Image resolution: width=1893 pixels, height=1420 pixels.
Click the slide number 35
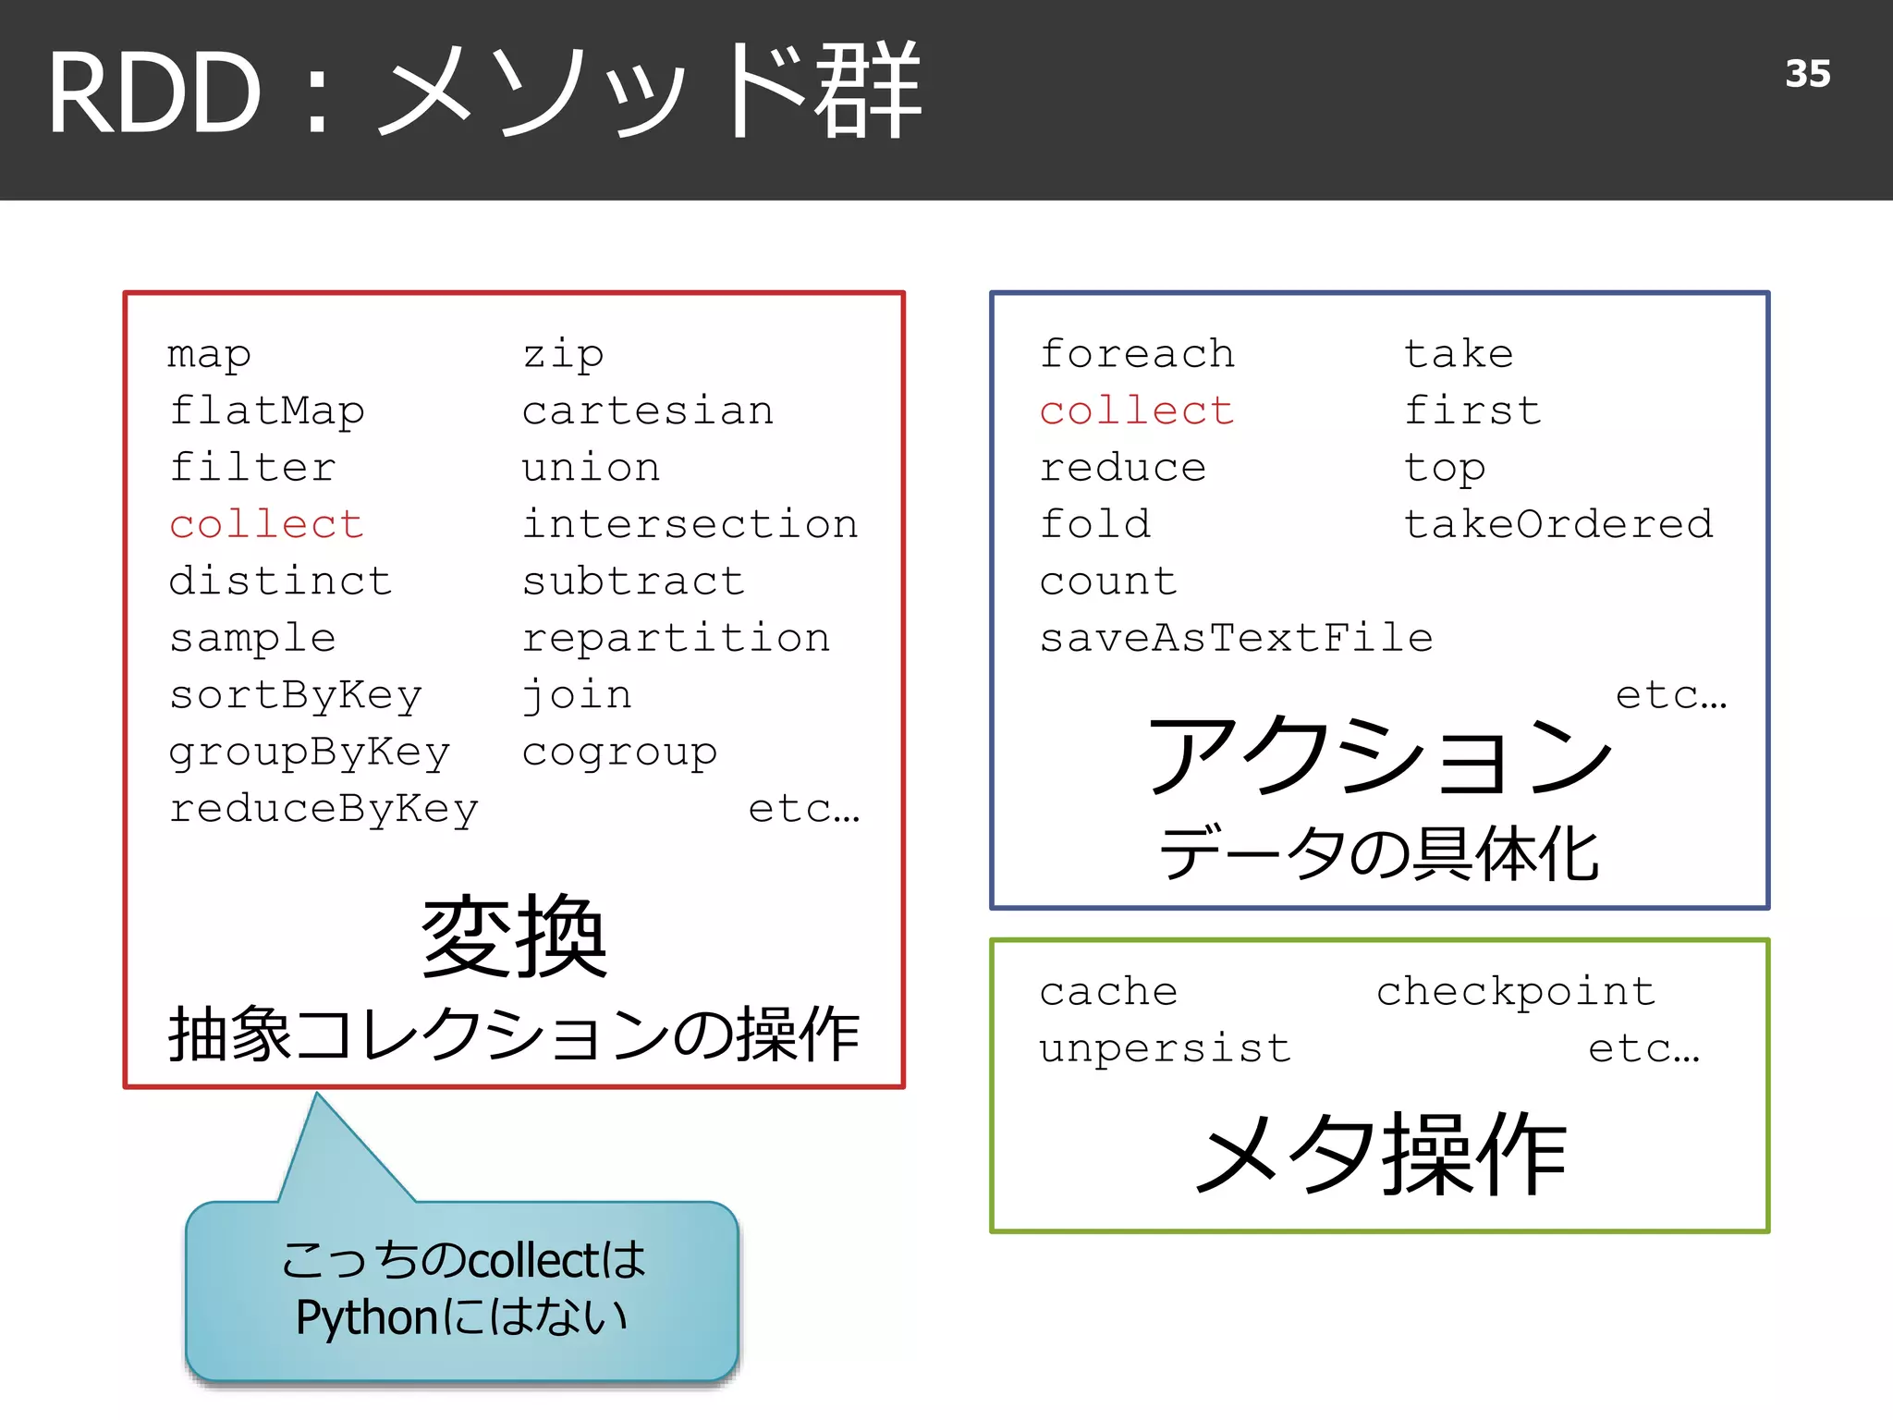pyautogui.click(x=1807, y=74)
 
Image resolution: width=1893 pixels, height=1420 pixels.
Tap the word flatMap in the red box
pyautogui.click(x=267, y=410)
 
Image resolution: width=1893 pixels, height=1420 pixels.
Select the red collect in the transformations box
pyautogui.click(x=266, y=524)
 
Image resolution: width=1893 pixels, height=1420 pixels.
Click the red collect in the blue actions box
pyautogui.click(x=1137, y=410)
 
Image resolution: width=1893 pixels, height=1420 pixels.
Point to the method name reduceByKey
pyautogui.click(x=324, y=809)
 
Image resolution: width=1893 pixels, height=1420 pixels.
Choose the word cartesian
pyautogui.click(x=647, y=410)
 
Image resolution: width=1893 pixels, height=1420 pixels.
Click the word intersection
pyautogui.click(x=690, y=524)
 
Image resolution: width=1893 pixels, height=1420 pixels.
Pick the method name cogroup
pyautogui.click(x=619, y=753)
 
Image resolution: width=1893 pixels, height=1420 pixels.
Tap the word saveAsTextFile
pyautogui.click(x=1236, y=638)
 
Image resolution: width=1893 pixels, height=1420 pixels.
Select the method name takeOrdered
pyautogui.click(x=1557, y=524)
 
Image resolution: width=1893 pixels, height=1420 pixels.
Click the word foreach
pyautogui.click(x=1137, y=354)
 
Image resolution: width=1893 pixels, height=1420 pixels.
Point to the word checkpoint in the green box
pyautogui.click(x=1515, y=992)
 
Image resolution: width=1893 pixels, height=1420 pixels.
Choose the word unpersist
pyautogui.click(x=1165, y=1048)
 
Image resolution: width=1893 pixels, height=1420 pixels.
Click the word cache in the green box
pyautogui.click(x=1108, y=992)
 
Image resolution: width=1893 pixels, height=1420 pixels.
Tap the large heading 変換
pyautogui.click(x=514, y=936)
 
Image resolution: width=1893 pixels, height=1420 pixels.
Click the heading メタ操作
pyautogui.click(x=1380, y=1154)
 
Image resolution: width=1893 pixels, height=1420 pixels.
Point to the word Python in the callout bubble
pyautogui.click(x=366, y=1317)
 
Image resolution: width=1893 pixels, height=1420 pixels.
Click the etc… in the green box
pyautogui.click(x=1643, y=1048)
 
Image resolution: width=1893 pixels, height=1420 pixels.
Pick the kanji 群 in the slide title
pyautogui.click(x=867, y=91)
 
